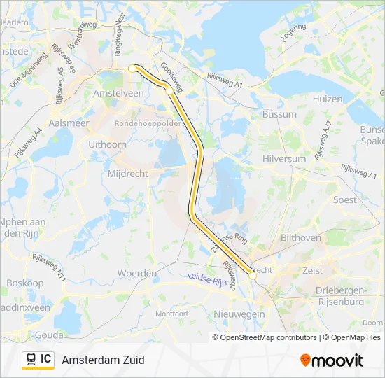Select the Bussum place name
click(279, 114)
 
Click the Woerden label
click(136, 272)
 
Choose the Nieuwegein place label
click(239, 314)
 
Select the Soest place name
click(344, 199)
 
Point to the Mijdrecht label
click(126, 172)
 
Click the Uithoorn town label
click(108, 143)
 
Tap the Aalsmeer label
click(69, 122)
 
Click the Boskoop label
click(24, 283)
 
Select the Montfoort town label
click(171, 314)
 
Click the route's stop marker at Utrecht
click(253, 276)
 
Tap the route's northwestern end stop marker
click(132, 69)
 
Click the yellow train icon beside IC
click(31, 359)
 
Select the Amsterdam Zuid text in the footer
click(103, 360)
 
